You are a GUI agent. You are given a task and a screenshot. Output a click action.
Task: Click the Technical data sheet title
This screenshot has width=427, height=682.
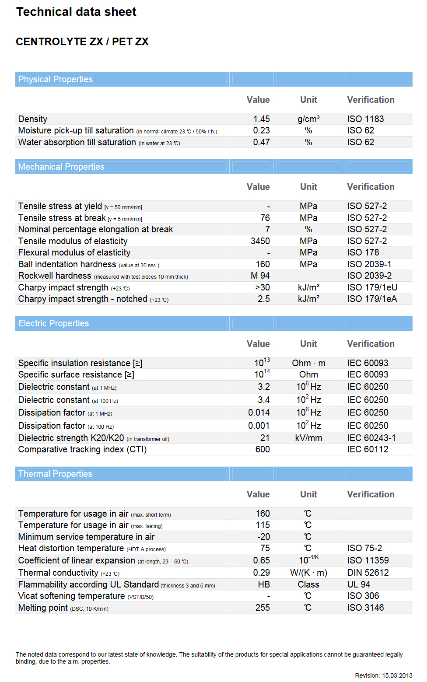click(x=76, y=12)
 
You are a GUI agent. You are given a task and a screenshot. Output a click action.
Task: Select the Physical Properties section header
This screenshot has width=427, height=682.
click(x=55, y=79)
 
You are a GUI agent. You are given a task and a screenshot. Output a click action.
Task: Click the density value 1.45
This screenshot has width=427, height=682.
click(x=261, y=119)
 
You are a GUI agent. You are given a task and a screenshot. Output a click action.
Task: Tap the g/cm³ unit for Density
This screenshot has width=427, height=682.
click(x=308, y=119)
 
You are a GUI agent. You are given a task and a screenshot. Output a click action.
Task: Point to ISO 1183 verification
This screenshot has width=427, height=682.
click(x=365, y=119)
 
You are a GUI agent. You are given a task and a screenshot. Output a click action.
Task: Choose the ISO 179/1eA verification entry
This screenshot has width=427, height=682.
click(x=372, y=299)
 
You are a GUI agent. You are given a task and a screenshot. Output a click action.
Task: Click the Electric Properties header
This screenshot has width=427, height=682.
click(x=53, y=323)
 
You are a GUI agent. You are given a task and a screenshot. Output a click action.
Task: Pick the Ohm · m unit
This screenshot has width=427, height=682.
click(x=308, y=363)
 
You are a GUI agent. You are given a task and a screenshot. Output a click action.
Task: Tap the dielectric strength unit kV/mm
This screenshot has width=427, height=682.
click(x=308, y=438)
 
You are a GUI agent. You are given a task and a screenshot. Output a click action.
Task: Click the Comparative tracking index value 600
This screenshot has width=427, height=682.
click(x=262, y=449)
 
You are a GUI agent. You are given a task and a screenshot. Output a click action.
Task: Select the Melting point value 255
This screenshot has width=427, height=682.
click(x=262, y=608)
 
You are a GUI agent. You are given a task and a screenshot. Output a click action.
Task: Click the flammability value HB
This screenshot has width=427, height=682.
click(x=264, y=584)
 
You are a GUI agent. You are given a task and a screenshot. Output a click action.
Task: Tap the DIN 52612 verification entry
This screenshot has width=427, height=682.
click(x=367, y=573)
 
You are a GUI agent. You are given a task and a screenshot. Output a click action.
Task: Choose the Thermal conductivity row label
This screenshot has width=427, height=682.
click(x=58, y=573)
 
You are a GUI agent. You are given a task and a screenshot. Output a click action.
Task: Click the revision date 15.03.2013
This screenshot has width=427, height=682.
click(x=397, y=675)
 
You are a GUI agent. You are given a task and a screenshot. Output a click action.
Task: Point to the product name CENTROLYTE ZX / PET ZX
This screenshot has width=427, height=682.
click(x=82, y=42)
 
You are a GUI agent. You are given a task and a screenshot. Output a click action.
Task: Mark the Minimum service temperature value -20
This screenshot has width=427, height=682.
click(x=263, y=537)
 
